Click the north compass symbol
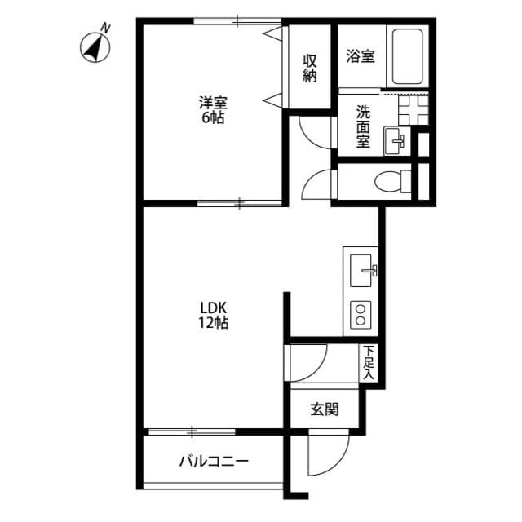[x=95, y=48]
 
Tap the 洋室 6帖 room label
[x=214, y=110]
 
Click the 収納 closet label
[x=310, y=68]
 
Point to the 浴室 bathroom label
[x=360, y=56]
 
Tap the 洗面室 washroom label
[x=362, y=126]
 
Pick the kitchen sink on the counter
[x=361, y=268]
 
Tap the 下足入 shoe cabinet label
[x=369, y=363]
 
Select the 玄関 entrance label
[x=324, y=409]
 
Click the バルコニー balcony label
[x=214, y=462]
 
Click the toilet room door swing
[x=318, y=184]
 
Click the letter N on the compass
[x=105, y=29]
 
